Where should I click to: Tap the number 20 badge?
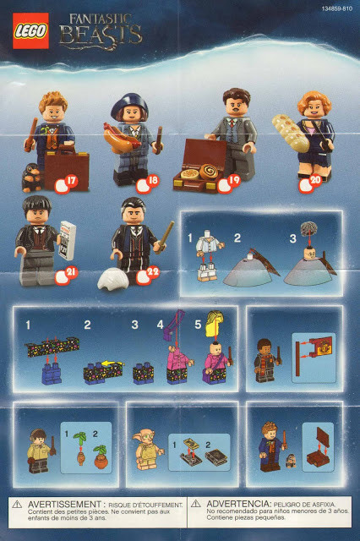coord(315,179)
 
